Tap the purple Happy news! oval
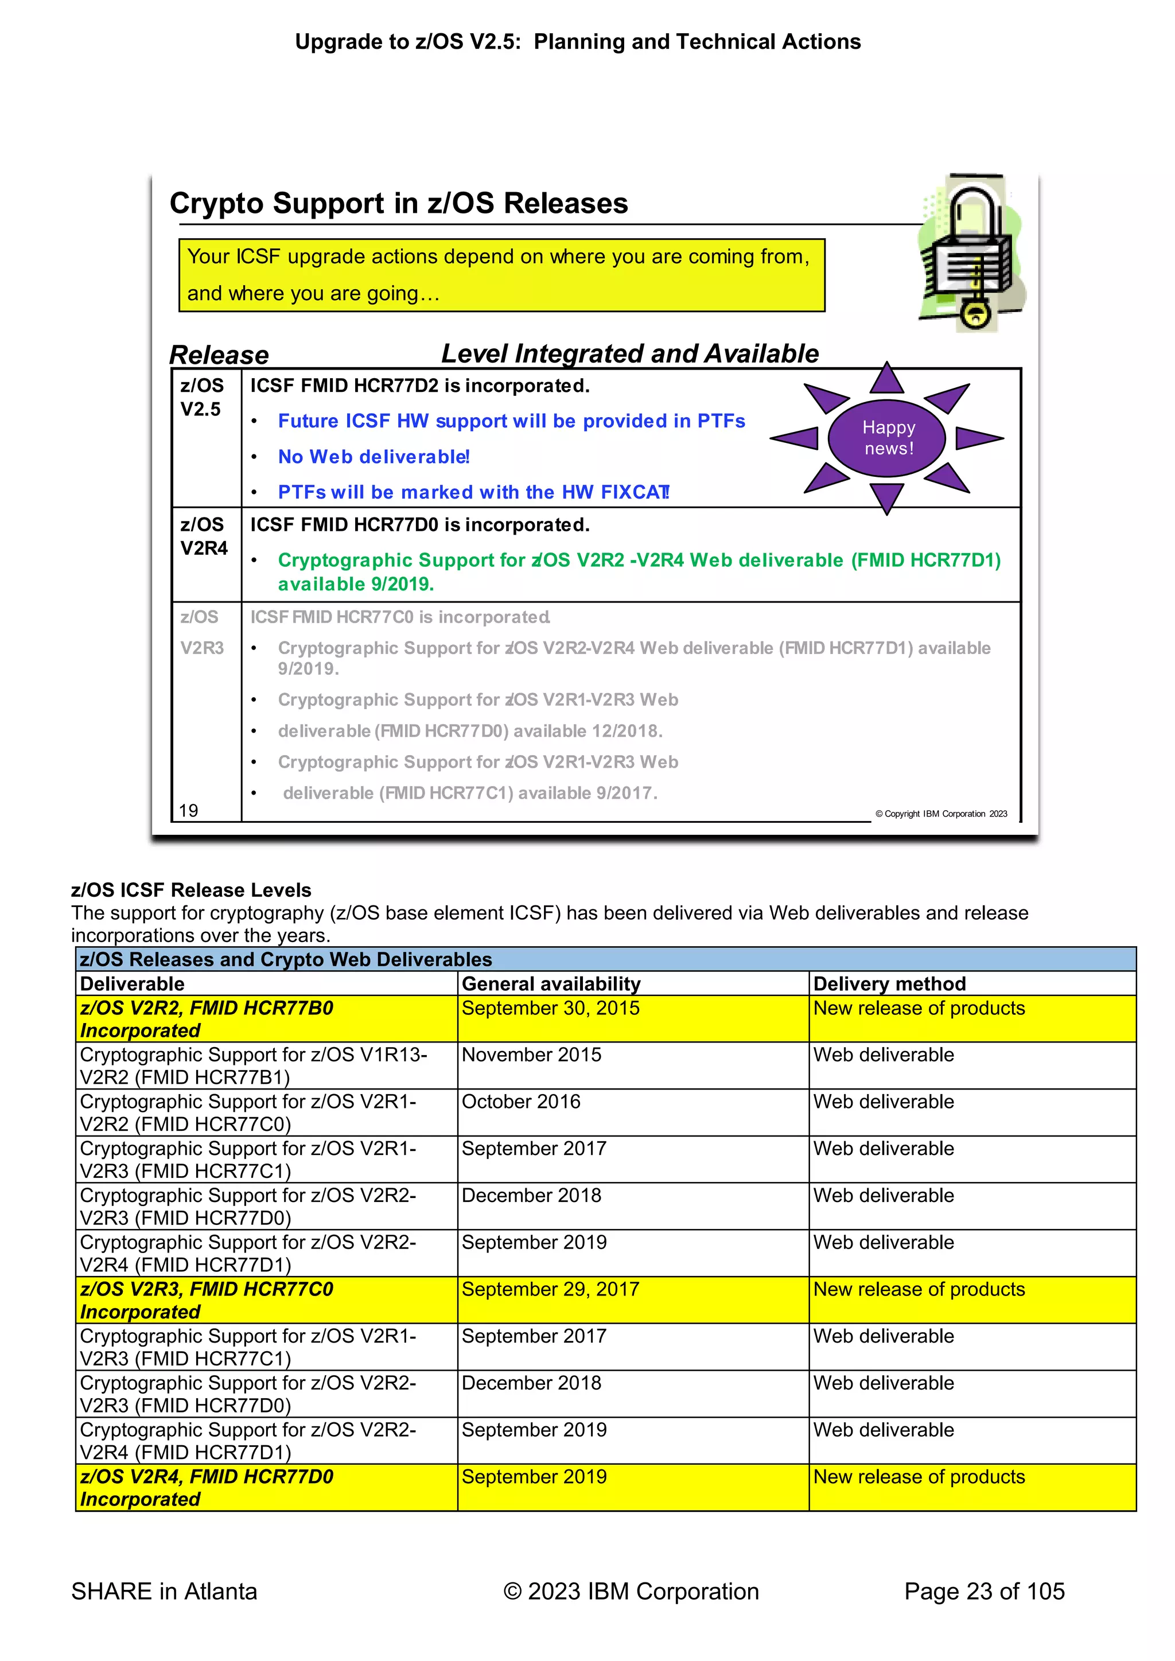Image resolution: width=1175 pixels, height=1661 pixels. pyautogui.click(x=887, y=438)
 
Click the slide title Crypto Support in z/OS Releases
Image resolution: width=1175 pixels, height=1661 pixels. pyautogui.click(x=399, y=203)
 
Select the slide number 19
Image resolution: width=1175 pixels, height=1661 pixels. pyautogui.click(x=188, y=810)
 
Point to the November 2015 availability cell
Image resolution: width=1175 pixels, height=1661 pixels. pyautogui.click(x=531, y=1055)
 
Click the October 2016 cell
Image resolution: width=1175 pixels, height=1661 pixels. pyautogui.click(x=521, y=1102)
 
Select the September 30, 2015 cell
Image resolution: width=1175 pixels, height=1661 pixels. pyautogui.click(x=551, y=1009)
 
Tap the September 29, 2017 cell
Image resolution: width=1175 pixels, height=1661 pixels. pyautogui.click(x=551, y=1289)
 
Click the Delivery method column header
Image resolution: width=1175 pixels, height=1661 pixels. pyautogui.click(x=889, y=984)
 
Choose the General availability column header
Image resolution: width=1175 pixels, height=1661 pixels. pyautogui.click(x=551, y=984)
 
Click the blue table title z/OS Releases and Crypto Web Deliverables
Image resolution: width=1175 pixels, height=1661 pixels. pyautogui.click(x=286, y=959)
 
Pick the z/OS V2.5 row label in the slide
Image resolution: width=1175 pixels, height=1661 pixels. pyautogui.click(x=202, y=397)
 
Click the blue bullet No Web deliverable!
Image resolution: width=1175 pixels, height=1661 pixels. pyautogui.click(x=374, y=457)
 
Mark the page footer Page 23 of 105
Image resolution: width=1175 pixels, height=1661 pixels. pyautogui.click(x=984, y=1591)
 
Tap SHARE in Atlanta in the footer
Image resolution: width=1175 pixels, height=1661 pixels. pyautogui.click(x=164, y=1591)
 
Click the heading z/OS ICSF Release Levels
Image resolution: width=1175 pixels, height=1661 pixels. pyautogui.click(x=191, y=890)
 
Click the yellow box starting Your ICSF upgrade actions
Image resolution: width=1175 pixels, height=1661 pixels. pyautogui.click(x=501, y=275)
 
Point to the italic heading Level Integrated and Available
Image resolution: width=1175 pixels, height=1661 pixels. pyautogui.click(x=629, y=354)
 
